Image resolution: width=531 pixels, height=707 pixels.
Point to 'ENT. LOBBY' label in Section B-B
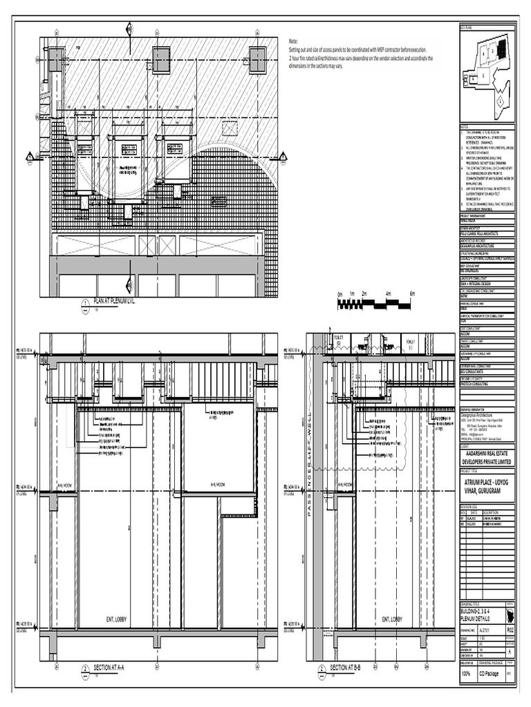[x=387, y=619]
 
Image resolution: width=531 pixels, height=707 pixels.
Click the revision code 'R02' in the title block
[x=510, y=630]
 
